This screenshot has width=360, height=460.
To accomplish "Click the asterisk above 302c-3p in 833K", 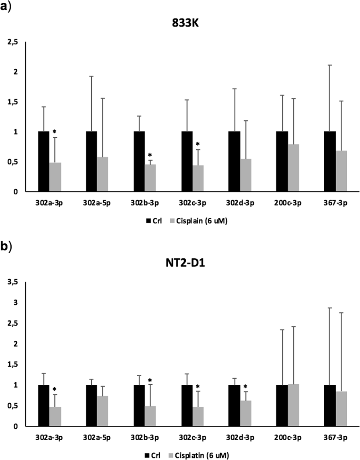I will coord(197,144).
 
